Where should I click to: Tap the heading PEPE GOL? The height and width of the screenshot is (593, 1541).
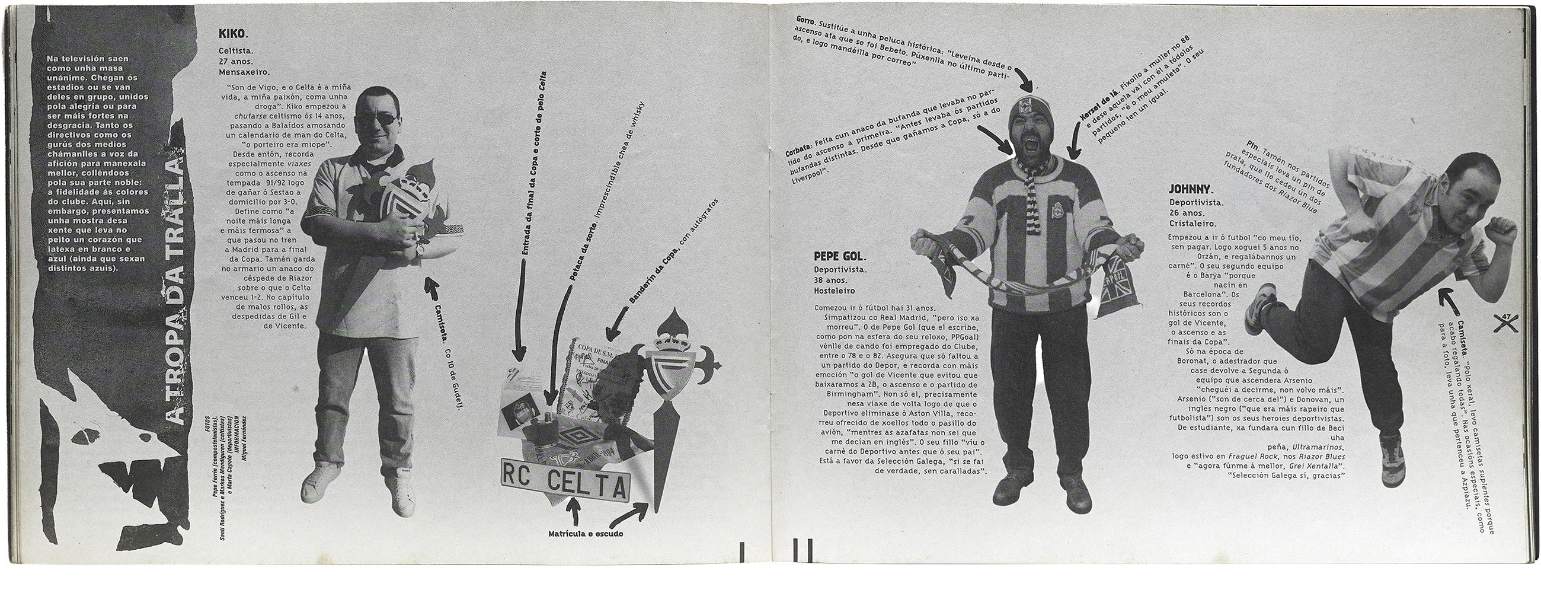coord(839,257)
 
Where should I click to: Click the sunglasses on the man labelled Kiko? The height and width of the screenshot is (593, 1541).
coord(376,119)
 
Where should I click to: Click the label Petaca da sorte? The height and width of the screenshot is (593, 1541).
coord(578,260)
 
